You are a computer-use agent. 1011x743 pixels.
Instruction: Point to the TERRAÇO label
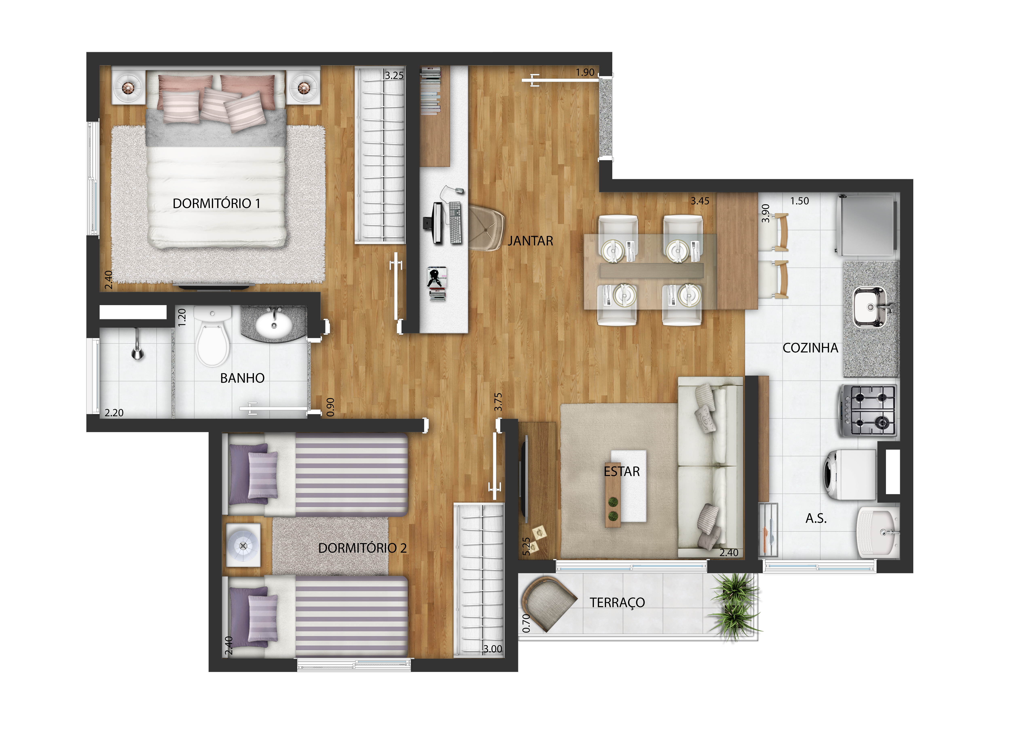coord(617,603)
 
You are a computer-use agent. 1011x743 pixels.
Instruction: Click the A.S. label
coord(816,519)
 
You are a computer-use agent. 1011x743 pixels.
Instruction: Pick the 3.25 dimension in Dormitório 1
coord(394,76)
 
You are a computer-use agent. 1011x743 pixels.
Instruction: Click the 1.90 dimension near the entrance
coord(585,72)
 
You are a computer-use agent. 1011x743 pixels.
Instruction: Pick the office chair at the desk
coord(486,228)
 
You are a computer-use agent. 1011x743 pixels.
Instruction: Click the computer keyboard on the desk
coord(455,223)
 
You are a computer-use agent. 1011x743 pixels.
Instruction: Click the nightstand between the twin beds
coord(243,545)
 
